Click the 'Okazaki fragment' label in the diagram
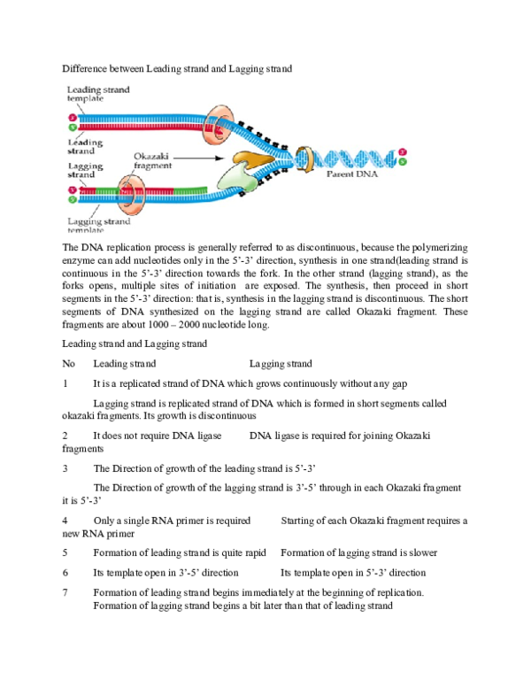[153, 159]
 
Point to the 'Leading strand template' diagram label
[97, 94]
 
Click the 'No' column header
[69, 364]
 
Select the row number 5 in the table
[65, 552]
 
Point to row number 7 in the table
[65, 592]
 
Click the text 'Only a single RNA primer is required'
[172, 521]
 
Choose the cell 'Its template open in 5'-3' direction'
[353, 573]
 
